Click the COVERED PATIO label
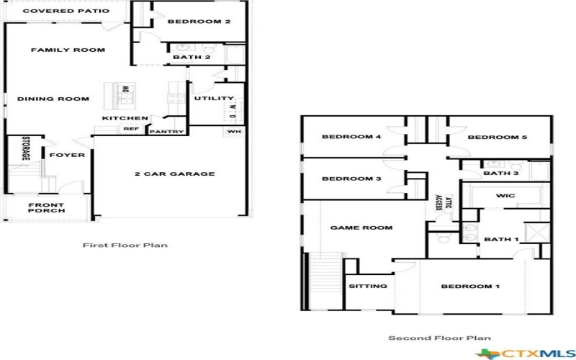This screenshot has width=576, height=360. point(66,11)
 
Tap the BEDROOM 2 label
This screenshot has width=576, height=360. point(199,22)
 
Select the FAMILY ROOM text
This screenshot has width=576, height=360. point(68,50)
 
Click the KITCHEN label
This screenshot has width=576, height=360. point(125,118)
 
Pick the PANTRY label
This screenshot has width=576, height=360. point(167,131)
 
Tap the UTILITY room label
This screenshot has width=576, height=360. point(215,99)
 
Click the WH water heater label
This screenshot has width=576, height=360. point(234,132)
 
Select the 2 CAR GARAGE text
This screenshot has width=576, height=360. point(175,174)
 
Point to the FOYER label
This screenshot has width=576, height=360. point(67,155)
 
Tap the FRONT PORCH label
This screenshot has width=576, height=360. point(47,207)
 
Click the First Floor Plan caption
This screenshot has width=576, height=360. point(125,246)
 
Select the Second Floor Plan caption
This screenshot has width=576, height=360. point(439,338)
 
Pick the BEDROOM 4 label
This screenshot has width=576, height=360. point(351,137)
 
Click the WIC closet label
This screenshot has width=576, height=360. point(505,196)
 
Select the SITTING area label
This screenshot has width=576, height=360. point(368,286)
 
